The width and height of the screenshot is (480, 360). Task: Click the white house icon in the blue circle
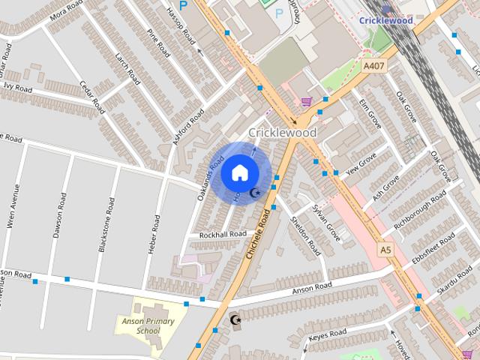[x=239, y=172]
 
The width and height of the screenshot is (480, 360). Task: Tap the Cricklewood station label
[x=385, y=20]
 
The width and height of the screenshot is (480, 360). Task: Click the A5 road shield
[x=385, y=249]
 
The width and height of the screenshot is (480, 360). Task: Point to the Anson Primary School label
[x=148, y=325]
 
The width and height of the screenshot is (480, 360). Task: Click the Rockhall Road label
[x=222, y=234]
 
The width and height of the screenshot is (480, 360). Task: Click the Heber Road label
[x=155, y=234]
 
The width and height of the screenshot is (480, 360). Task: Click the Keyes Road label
[x=327, y=334]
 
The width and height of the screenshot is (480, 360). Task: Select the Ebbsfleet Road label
[x=433, y=250]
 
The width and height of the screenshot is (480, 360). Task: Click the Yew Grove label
[x=362, y=163]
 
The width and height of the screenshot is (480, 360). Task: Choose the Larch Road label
[x=127, y=68]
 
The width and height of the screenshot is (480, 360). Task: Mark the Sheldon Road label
[x=306, y=235]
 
